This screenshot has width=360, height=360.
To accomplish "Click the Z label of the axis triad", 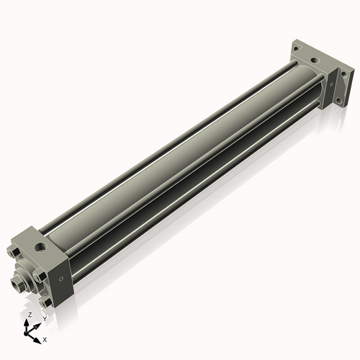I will pyautogui.click(x=29, y=315).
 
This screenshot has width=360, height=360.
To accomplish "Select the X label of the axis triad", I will pyautogui.click(x=45, y=338).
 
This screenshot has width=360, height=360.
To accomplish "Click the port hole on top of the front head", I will pyautogui.click(x=44, y=245).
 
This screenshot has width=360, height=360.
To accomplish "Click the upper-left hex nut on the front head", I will pyautogui.click(x=14, y=253).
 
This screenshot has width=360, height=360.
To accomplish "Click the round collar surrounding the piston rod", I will pyautogui.click(x=29, y=276).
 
